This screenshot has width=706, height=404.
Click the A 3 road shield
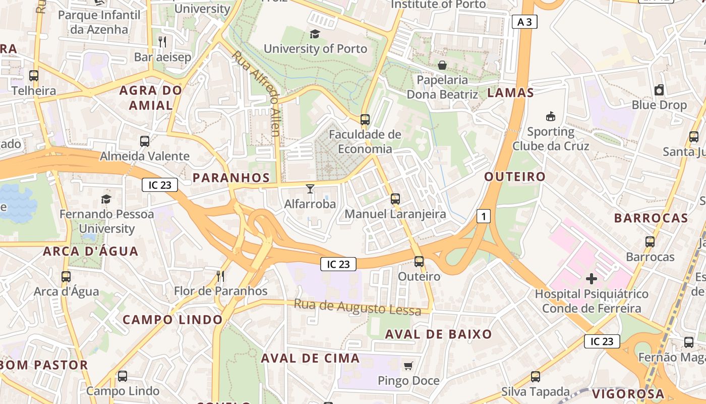(x=524, y=22)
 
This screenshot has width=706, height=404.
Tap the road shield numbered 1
(x=483, y=217)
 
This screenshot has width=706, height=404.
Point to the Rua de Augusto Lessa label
(x=357, y=307)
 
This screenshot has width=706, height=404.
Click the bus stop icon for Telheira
(x=34, y=76)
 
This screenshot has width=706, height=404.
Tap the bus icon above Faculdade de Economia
(x=365, y=120)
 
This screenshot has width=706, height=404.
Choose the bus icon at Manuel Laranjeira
(x=395, y=199)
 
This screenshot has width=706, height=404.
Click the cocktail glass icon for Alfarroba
(x=310, y=189)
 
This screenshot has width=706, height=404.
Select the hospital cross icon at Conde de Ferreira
(x=592, y=278)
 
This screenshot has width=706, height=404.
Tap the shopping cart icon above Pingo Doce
(x=408, y=365)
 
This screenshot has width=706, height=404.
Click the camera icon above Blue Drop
(x=659, y=90)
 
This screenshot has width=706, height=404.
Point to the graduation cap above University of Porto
(x=315, y=34)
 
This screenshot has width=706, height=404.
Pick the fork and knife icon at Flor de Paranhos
(x=220, y=276)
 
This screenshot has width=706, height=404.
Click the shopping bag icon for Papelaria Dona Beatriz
(x=442, y=65)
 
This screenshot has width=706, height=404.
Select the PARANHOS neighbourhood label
(x=231, y=178)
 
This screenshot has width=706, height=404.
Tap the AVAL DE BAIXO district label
(x=438, y=334)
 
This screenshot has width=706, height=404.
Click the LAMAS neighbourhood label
(x=510, y=92)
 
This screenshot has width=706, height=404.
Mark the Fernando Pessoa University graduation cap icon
(x=106, y=199)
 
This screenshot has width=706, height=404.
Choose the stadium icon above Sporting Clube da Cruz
(x=551, y=117)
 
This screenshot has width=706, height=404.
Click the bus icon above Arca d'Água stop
(x=66, y=277)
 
